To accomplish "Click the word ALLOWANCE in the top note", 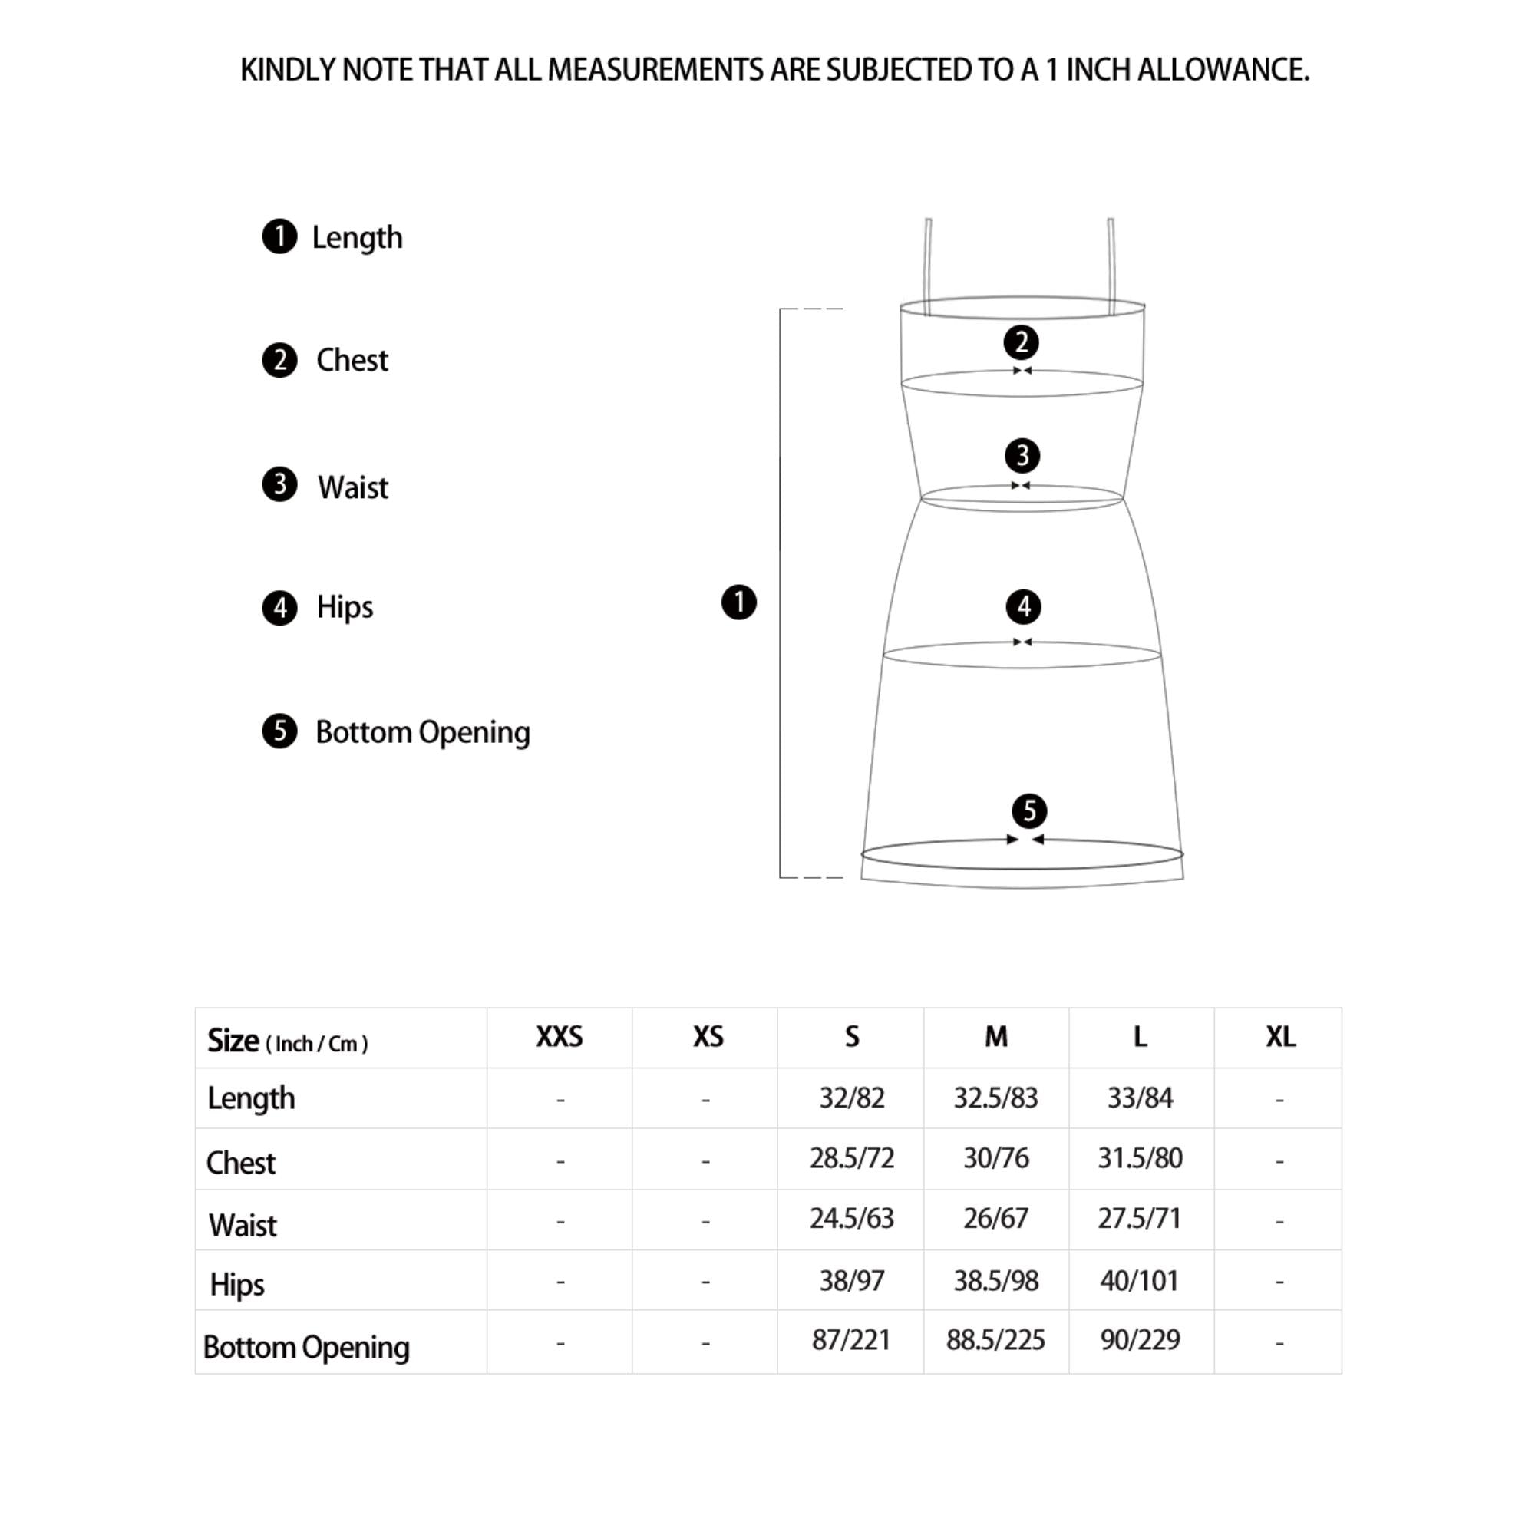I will click(1223, 71).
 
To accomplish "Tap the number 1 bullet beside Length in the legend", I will click(279, 236).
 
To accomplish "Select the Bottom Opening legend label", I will click(422, 731).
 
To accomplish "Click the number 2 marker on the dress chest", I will click(1021, 342).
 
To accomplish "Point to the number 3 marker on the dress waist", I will click(1022, 456).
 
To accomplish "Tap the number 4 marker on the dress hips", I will click(1023, 607).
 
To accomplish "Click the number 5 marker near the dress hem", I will click(1029, 811).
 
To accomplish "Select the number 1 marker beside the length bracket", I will click(738, 602).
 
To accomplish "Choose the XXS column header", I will click(560, 1037).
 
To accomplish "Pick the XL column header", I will click(1280, 1037).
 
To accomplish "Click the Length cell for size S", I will click(852, 1098).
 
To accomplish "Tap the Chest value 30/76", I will click(995, 1158).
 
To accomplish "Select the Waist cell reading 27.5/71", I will click(1139, 1218).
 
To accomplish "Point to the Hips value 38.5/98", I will click(995, 1281).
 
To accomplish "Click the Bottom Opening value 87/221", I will click(851, 1340).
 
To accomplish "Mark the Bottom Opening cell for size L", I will click(1139, 1340).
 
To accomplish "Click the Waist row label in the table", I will click(243, 1225).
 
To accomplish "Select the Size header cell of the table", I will click(287, 1041).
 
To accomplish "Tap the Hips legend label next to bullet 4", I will click(344, 607).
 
